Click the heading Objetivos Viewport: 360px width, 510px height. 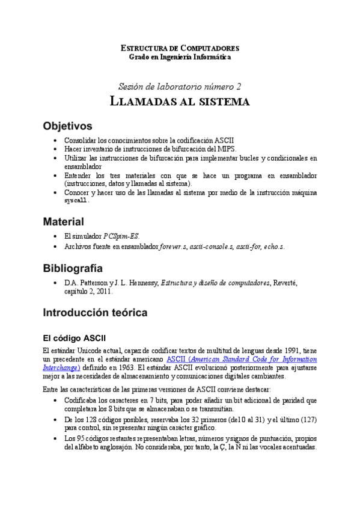point(67,126)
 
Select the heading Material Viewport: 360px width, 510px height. point(63,221)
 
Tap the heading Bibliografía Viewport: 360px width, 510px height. point(73,268)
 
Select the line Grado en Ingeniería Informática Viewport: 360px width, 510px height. point(180,57)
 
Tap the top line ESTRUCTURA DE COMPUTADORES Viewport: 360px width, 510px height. point(180,48)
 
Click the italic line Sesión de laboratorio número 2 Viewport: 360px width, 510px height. point(180,86)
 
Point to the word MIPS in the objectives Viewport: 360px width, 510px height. point(226,149)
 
